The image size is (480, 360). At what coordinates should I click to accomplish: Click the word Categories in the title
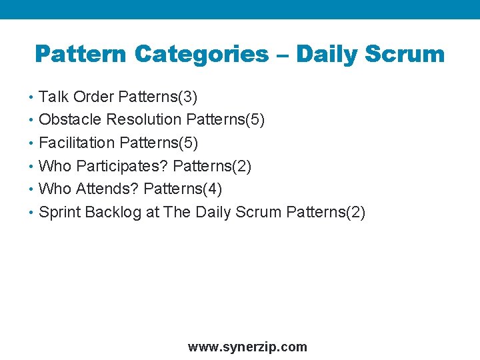201,54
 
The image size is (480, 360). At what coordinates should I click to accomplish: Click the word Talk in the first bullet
54,97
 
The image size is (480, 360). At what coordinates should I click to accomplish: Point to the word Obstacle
71,120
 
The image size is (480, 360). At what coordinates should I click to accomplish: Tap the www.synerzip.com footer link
247,347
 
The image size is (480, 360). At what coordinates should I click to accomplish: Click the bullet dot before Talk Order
33,97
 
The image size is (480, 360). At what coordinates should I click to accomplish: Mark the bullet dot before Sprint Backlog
33,213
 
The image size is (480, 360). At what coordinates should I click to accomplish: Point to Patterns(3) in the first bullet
157,97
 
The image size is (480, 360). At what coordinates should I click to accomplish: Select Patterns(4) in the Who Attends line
183,189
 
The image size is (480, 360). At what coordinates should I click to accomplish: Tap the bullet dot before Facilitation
33,143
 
